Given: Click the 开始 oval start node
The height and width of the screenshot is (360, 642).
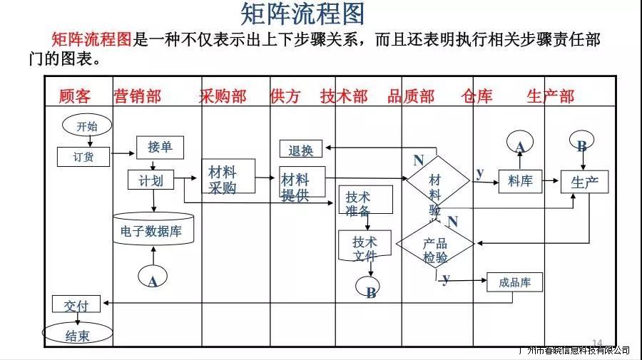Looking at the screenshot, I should coord(87,126).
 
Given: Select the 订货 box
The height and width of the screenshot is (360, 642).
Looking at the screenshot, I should coord(83,156).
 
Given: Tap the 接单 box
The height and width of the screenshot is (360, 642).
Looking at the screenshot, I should coord(160,147).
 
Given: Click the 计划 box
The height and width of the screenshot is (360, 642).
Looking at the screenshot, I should coord(151,180).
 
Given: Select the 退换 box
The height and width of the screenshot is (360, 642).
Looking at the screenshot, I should coord(300,150).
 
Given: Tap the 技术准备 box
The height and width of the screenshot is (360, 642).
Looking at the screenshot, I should coord(365,201).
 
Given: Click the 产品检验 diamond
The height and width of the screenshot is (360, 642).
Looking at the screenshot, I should coord(435,247).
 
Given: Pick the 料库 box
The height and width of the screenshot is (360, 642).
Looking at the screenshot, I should coord(520,181).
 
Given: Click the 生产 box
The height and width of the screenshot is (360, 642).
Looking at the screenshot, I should coord(584,182).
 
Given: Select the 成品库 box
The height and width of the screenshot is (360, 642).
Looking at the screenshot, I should coord(514,282).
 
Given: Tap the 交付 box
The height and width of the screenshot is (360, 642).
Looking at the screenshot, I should coord(76,304).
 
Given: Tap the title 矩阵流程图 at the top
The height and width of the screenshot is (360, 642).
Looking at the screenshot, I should coord(303,14).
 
